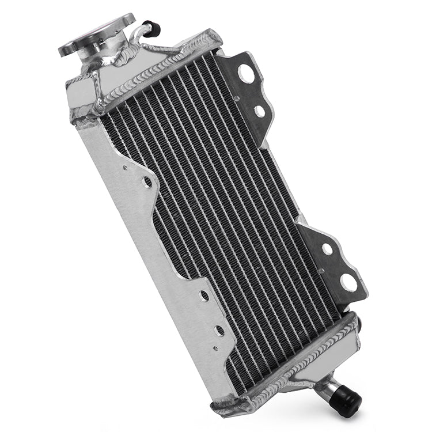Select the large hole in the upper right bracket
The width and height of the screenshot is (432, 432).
click(x=247, y=73)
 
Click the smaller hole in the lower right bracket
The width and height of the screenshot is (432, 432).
click(x=327, y=249)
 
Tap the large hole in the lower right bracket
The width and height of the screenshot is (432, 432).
click(x=349, y=282)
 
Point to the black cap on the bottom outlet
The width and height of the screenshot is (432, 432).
click(x=347, y=404)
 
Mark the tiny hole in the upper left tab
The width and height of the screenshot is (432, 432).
click(x=125, y=168)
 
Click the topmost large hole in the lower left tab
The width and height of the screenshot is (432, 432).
click(x=204, y=296)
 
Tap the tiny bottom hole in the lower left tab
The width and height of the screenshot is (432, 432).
click(x=214, y=348)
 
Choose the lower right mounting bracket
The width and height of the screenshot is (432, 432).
click(x=334, y=265)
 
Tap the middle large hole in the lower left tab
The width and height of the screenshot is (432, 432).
click(x=219, y=331)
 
